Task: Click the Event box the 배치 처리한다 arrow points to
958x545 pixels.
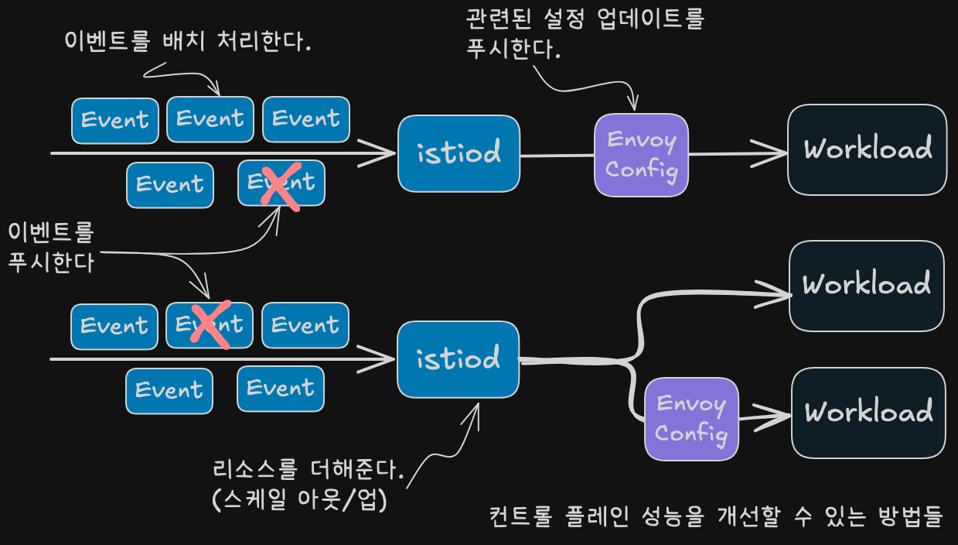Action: tap(210, 119)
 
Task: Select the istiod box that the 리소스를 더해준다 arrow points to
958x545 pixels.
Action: tap(458, 359)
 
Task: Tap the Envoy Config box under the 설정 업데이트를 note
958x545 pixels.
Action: tap(641, 155)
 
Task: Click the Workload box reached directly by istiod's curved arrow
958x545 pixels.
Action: tap(867, 286)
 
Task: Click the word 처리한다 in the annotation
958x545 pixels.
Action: tap(264, 41)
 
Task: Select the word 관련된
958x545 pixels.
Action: tap(498, 19)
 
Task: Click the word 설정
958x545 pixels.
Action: tap(564, 19)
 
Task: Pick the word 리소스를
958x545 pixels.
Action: tap(255, 469)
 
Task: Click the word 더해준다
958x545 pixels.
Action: tap(357, 469)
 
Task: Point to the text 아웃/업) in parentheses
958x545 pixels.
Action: tap(342, 499)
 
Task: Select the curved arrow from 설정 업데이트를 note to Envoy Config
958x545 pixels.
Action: tap(586, 87)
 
